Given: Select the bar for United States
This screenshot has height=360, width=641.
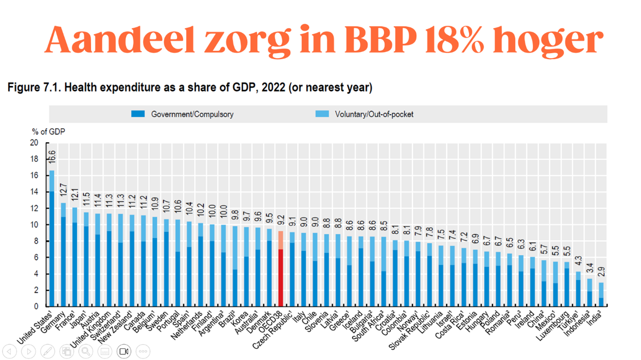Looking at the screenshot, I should [x=51, y=240].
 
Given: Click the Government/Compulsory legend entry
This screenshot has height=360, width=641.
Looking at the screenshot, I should [x=183, y=114].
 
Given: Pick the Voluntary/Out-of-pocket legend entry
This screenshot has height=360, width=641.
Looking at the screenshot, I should [x=364, y=114].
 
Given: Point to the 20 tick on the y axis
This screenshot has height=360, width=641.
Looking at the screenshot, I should [x=35, y=143].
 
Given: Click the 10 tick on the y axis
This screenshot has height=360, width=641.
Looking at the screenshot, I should [x=35, y=225].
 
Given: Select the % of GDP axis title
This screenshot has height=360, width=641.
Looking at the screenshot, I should [x=49, y=132].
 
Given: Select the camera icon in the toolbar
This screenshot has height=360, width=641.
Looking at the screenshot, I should [x=124, y=352].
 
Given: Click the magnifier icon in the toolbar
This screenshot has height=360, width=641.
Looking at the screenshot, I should [x=86, y=352].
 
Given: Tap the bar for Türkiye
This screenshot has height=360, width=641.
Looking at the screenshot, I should [x=578, y=291].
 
